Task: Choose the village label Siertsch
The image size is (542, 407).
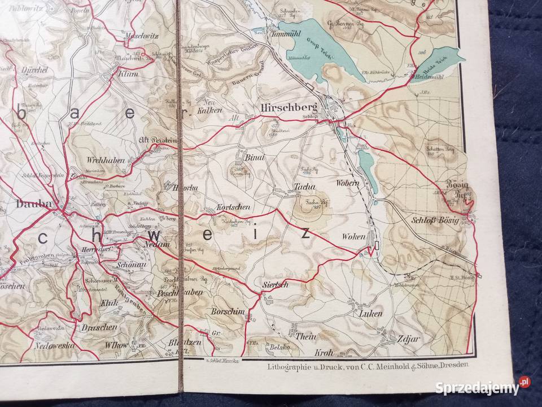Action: [275, 284]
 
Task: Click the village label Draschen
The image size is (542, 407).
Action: [102, 327]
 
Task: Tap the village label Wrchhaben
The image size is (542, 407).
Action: [106, 160]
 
